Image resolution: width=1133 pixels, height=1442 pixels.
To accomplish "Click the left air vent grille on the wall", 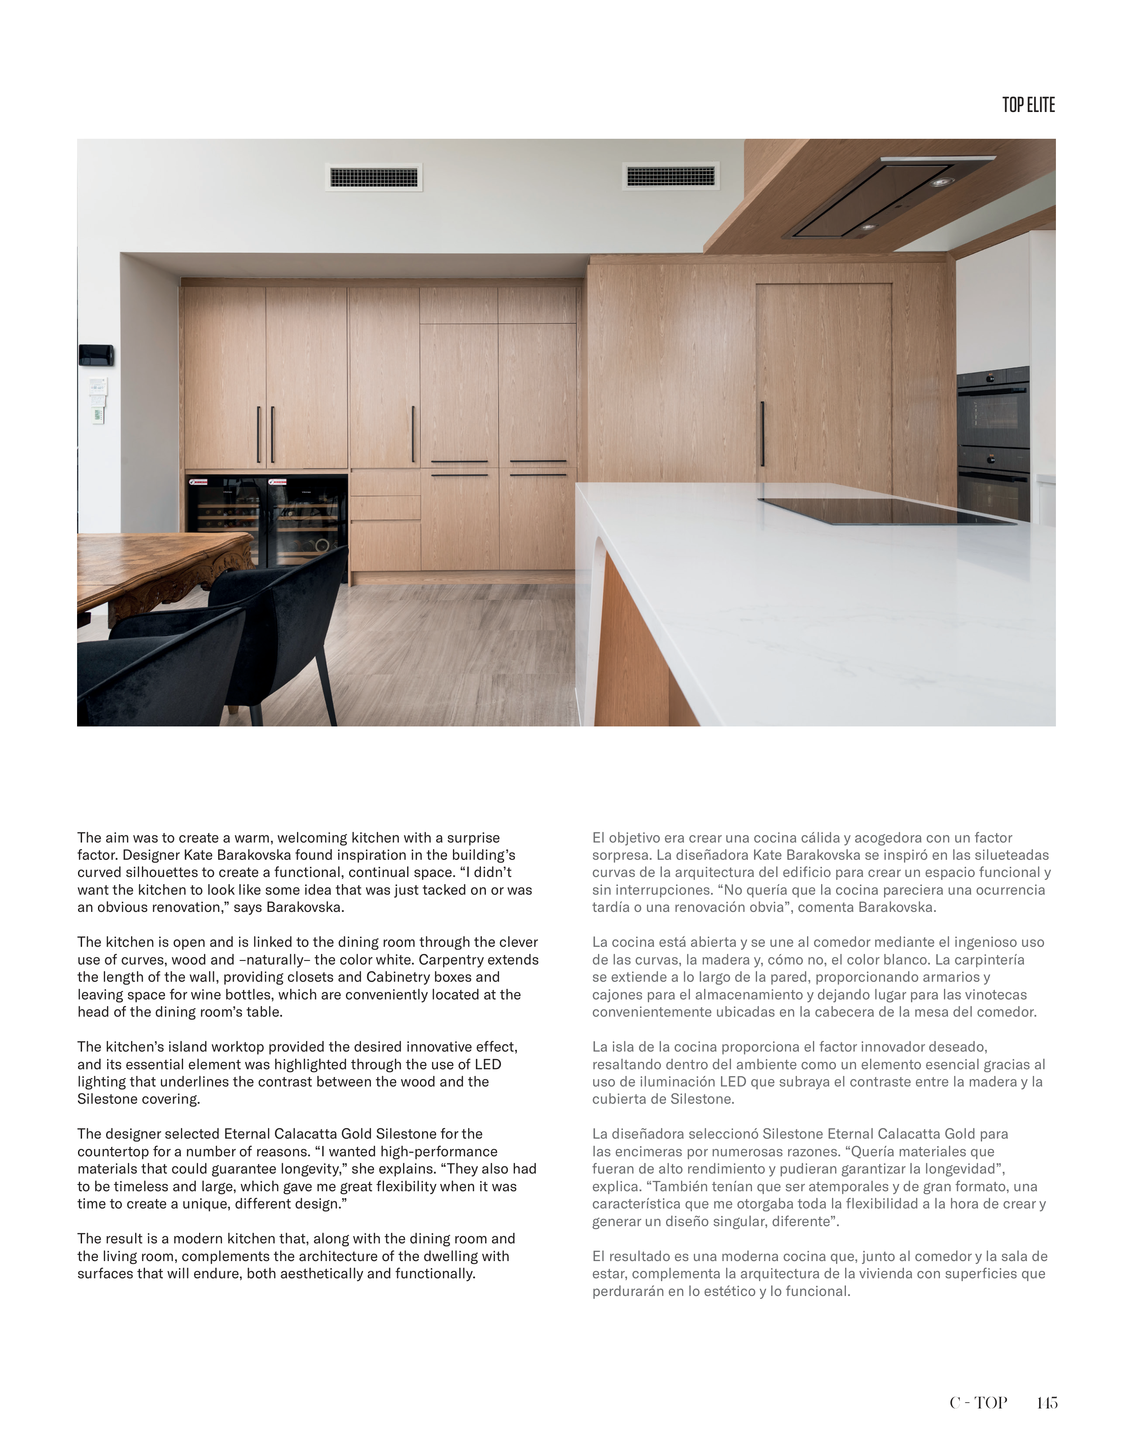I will (374, 177).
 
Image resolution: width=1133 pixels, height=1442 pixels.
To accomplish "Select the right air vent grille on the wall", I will (671, 176).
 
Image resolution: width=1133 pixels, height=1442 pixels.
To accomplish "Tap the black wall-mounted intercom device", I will (96, 355).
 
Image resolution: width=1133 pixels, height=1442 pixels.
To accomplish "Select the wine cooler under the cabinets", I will (267, 521).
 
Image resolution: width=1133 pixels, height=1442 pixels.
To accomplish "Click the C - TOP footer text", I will (978, 1402).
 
